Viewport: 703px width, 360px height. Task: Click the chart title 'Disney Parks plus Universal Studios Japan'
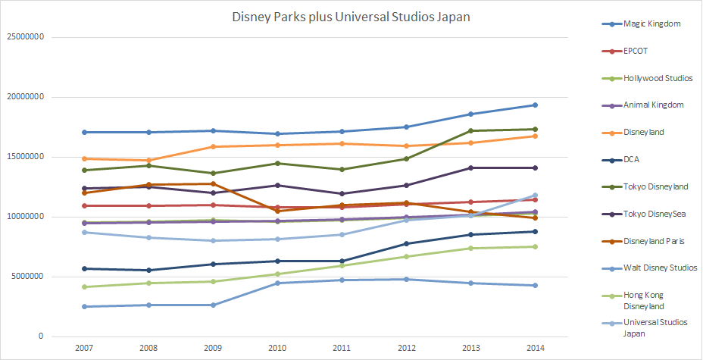[x=351, y=17]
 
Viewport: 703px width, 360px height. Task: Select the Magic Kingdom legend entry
[x=651, y=23]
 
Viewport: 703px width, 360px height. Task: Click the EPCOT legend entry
[x=636, y=51]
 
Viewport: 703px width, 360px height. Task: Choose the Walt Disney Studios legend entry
[x=660, y=268]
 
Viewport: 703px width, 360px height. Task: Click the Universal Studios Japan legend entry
[x=655, y=327]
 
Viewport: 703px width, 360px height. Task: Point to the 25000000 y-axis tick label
[x=26, y=37]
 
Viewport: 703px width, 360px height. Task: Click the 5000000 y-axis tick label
[x=28, y=277]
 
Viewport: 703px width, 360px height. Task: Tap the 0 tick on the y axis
[x=42, y=337]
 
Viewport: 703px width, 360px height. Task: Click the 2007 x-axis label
[x=84, y=349]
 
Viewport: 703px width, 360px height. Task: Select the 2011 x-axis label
[x=342, y=349]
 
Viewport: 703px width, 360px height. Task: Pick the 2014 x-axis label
[x=535, y=349]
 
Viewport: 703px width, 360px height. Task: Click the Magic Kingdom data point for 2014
[x=535, y=105]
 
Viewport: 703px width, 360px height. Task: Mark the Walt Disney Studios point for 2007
[x=84, y=307]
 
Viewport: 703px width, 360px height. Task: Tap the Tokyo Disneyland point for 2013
[x=470, y=130]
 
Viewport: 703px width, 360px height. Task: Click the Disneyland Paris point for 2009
[x=213, y=183]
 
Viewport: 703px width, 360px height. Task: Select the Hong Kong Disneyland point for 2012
[x=406, y=256]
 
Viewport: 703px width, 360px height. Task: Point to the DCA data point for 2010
[x=277, y=261]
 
